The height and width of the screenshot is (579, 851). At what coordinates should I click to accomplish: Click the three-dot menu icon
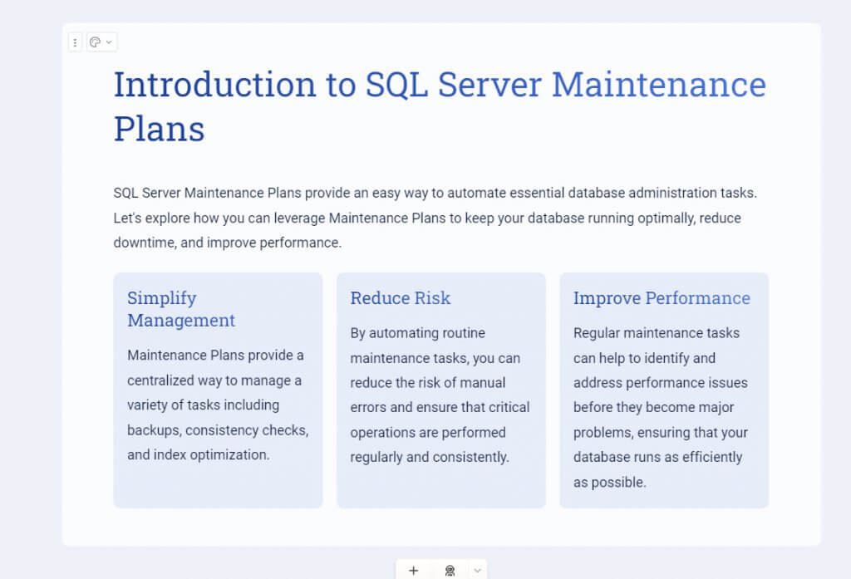click(75, 42)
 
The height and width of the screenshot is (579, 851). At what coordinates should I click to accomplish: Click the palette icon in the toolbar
click(95, 42)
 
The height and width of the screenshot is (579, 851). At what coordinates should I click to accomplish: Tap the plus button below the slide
click(414, 571)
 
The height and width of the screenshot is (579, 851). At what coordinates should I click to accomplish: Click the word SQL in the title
click(396, 86)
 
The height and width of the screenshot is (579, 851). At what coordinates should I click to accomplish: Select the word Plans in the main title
click(159, 129)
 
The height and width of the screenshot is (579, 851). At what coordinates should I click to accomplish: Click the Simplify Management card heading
click(181, 309)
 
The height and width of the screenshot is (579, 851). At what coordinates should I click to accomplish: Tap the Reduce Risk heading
click(400, 298)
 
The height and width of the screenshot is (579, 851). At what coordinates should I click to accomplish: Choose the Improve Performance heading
click(662, 298)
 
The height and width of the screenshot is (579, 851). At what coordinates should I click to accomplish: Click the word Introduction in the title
click(215, 85)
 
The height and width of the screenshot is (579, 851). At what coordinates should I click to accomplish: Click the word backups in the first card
click(154, 430)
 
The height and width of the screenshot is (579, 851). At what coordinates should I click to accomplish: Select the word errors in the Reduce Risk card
click(368, 408)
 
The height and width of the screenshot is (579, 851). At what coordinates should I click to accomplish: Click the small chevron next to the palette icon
click(109, 42)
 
